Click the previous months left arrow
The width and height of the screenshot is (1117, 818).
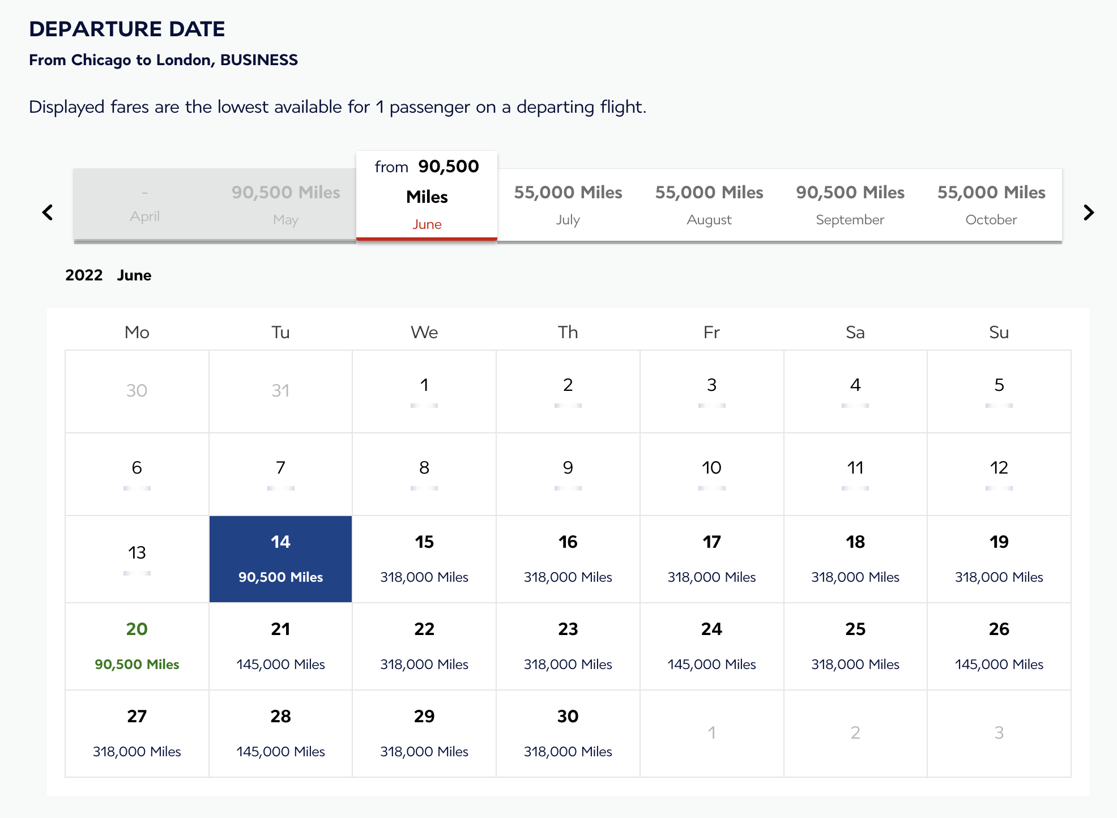click(48, 212)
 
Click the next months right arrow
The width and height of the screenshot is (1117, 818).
click(1088, 212)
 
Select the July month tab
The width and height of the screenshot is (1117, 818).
click(568, 204)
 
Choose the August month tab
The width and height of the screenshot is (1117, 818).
click(709, 204)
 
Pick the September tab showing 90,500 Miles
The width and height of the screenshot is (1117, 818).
click(850, 204)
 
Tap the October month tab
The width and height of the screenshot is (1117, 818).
click(991, 204)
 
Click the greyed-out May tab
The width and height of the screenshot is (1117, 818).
click(285, 204)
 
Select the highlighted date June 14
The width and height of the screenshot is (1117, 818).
click(280, 559)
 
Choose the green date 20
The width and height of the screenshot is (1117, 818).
click(137, 646)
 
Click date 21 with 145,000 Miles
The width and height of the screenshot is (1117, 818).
click(280, 646)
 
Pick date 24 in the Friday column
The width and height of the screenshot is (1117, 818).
click(711, 646)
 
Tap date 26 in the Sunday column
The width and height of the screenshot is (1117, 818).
click(999, 646)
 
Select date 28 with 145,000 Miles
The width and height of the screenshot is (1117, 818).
click(280, 733)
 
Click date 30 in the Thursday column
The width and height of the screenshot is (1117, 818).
click(568, 733)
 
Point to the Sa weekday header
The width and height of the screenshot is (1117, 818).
click(855, 332)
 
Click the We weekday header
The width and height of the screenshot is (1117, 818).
click(424, 332)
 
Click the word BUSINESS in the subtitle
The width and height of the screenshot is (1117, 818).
click(259, 60)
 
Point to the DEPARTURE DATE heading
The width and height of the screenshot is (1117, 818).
click(127, 29)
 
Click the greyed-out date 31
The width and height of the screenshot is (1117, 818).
click(280, 390)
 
